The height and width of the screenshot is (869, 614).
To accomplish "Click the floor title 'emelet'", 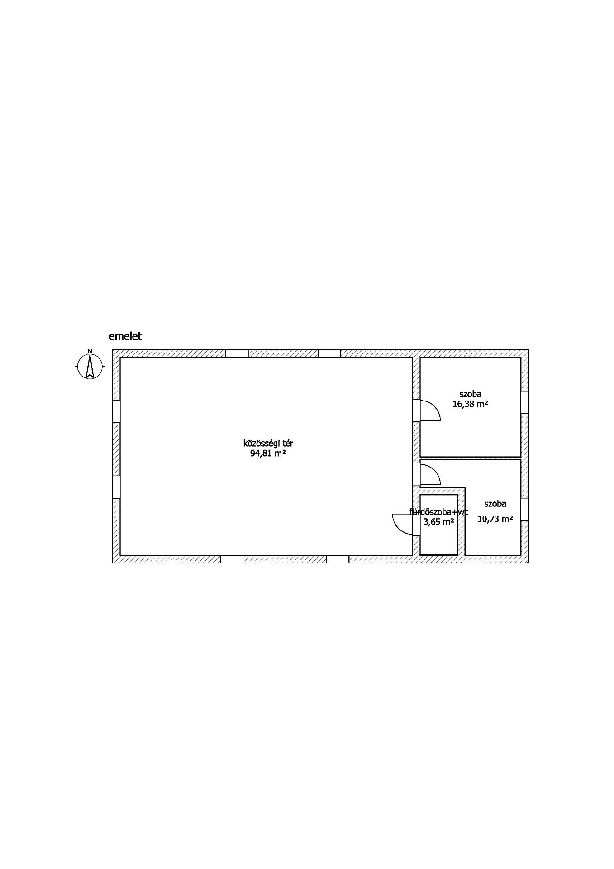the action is click(x=125, y=336).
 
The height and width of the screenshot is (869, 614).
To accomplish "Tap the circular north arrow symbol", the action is click(x=90, y=366).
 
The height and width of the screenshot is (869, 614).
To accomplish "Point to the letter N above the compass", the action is click(x=90, y=351).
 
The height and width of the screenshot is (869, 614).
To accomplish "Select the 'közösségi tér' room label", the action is click(x=268, y=444).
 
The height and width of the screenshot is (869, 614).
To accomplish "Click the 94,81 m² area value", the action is click(x=268, y=454).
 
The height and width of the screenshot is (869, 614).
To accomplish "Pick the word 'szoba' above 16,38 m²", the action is click(x=470, y=394).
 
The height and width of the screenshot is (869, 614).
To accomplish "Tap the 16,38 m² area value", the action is click(x=470, y=404).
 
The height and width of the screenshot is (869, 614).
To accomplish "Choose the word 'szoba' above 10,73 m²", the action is click(x=495, y=504).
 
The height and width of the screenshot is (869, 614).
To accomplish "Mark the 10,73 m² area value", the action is click(x=495, y=519).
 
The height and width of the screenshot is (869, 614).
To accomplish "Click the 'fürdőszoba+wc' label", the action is click(x=439, y=512).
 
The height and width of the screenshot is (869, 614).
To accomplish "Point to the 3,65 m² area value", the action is click(x=439, y=522).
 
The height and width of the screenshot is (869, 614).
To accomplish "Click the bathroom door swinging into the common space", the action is click(x=403, y=525).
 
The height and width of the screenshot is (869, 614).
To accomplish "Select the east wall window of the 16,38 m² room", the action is click(x=524, y=402).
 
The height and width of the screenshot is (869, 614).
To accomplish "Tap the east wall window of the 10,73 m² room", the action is click(x=524, y=510).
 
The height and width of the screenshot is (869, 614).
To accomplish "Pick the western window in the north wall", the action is click(x=237, y=353).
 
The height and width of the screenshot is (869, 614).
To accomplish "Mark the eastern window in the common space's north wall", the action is click(x=329, y=353).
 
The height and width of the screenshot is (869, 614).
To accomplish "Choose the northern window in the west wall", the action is click(x=116, y=411).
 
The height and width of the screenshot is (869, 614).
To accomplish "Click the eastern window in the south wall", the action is click(x=338, y=559).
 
